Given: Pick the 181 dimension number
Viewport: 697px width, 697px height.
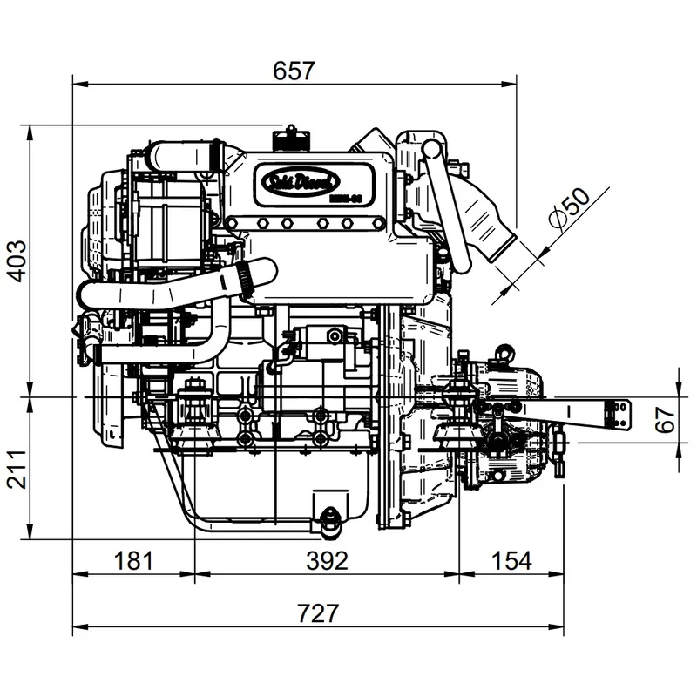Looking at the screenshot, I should (133, 560).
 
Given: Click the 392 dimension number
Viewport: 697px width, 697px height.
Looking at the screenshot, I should (328, 560).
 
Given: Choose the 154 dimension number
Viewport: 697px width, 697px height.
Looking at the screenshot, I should (511, 560).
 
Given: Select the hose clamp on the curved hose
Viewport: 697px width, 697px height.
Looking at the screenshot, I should (242, 279).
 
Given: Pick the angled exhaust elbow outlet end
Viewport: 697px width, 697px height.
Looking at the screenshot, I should (504, 243).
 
